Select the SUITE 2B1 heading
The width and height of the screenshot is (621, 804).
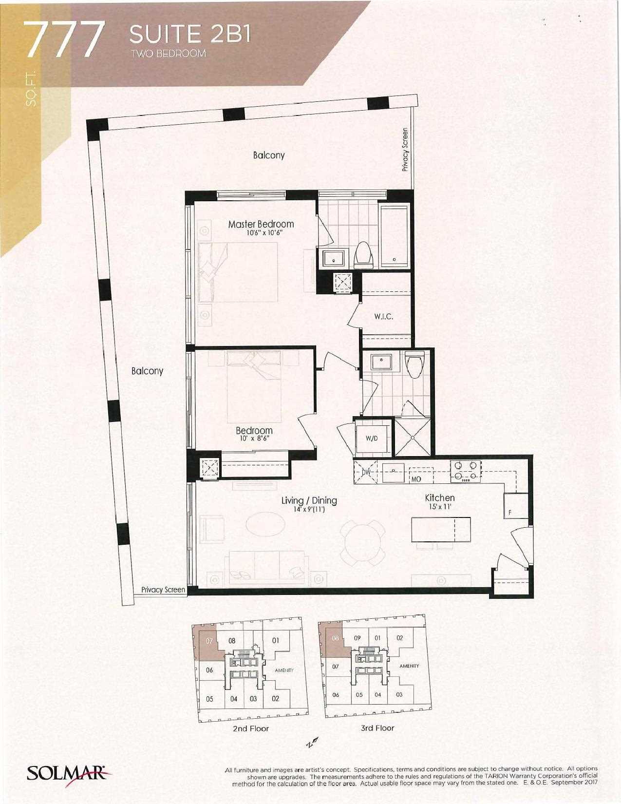[190, 35]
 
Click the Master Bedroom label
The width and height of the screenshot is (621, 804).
[261, 224]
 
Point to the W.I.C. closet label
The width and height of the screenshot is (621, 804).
[383, 317]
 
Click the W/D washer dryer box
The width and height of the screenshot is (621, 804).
[372, 439]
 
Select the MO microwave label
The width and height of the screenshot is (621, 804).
[416, 479]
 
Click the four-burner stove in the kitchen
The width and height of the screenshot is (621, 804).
[465, 471]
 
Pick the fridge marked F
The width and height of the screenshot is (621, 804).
[516, 505]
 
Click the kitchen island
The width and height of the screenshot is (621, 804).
[441, 530]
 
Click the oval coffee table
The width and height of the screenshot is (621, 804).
[265, 523]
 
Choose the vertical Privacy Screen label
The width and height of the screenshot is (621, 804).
[405, 150]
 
